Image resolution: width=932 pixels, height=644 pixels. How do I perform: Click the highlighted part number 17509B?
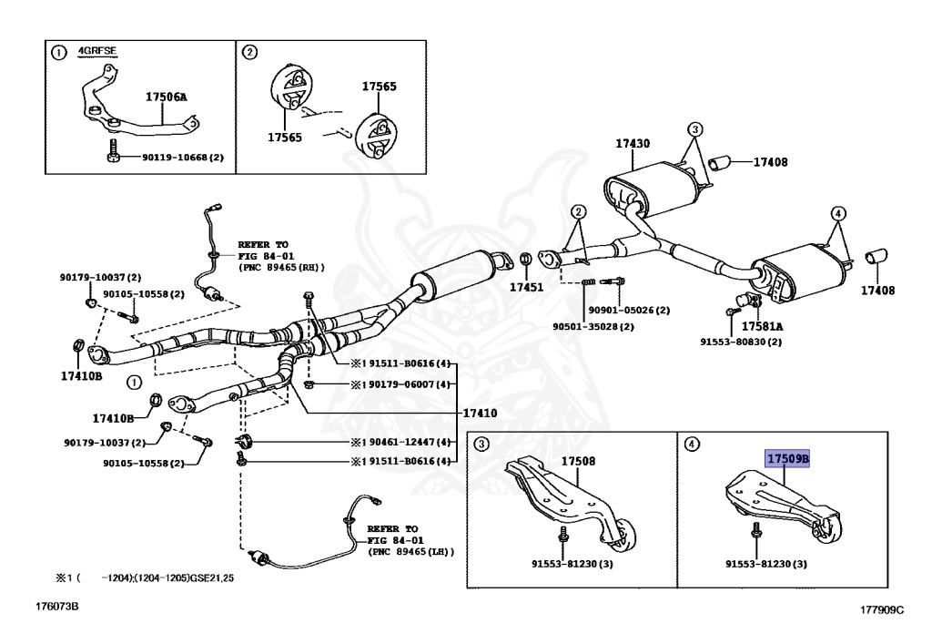(x=787, y=459)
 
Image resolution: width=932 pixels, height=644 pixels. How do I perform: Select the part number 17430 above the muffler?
(x=632, y=144)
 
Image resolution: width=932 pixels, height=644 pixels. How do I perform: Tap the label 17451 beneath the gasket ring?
(x=525, y=287)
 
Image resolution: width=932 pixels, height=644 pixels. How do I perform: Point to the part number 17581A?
(x=762, y=325)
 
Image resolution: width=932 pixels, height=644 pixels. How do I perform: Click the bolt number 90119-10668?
(x=182, y=158)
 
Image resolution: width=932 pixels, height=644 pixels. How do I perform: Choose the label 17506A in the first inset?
(x=166, y=95)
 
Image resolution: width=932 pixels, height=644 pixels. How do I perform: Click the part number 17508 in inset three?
(x=578, y=461)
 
